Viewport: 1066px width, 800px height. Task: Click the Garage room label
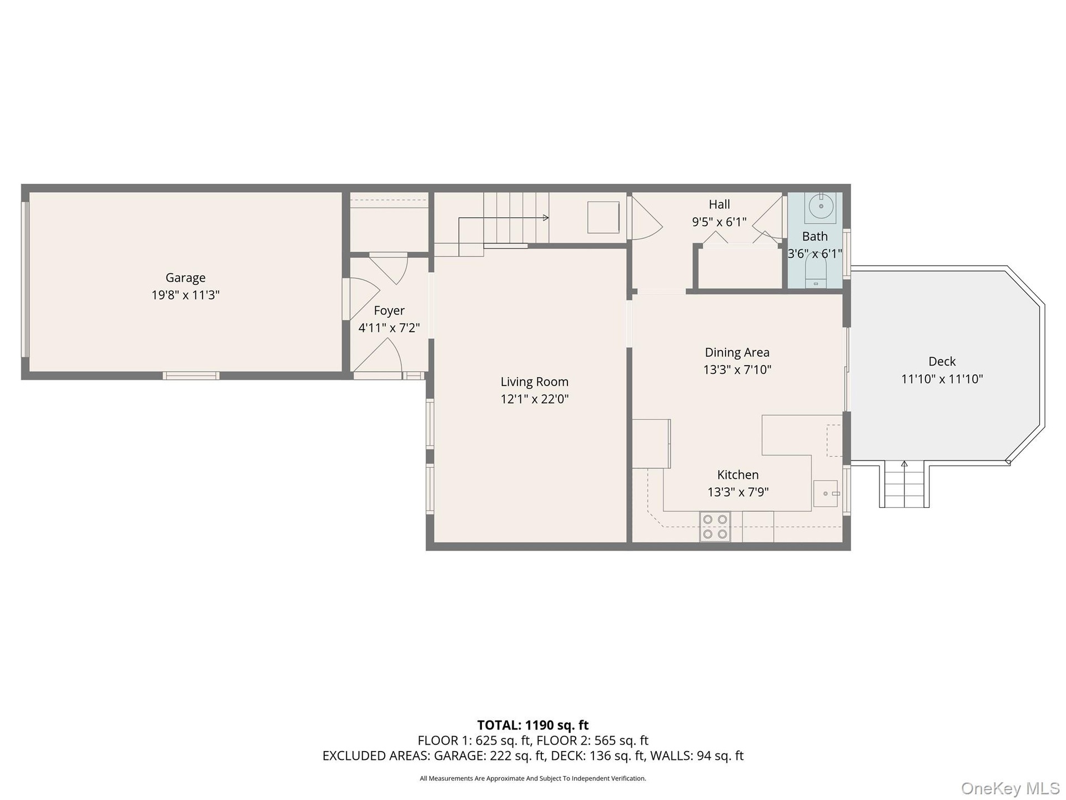click(x=185, y=278)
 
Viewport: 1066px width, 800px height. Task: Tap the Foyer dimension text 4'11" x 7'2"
click(x=389, y=328)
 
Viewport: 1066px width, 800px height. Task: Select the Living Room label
click(x=535, y=382)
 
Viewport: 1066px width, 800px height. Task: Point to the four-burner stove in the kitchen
click(x=715, y=527)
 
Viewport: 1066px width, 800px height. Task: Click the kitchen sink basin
click(x=825, y=493)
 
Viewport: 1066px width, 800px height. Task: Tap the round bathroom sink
click(x=821, y=206)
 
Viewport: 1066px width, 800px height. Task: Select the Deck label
click(x=942, y=362)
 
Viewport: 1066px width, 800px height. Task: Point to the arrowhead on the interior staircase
click(x=546, y=218)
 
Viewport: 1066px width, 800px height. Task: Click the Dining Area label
click(x=737, y=352)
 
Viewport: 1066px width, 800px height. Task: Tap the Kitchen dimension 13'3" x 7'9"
click(x=738, y=492)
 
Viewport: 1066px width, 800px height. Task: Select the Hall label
click(x=719, y=204)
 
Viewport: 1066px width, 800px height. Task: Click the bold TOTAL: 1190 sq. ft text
click(x=533, y=725)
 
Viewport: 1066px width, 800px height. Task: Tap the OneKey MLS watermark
click(x=1010, y=788)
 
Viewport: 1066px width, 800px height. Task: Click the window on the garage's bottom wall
click(x=191, y=376)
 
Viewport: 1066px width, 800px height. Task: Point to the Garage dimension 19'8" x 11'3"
click(x=185, y=295)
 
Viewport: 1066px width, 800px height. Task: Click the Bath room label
click(x=815, y=237)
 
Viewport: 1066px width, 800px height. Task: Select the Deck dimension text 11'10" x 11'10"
click(x=942, y=379)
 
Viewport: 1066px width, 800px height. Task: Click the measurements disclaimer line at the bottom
click(x=533, y=778)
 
